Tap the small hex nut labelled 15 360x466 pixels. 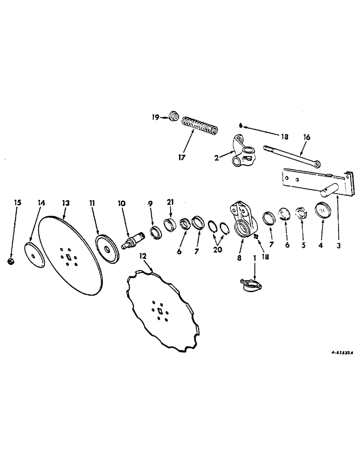tap(10, 262)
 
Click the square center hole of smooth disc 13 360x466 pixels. tap(69, 257)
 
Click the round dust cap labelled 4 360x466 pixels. tap(322, 209)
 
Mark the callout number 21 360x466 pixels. tap(170, 203)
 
